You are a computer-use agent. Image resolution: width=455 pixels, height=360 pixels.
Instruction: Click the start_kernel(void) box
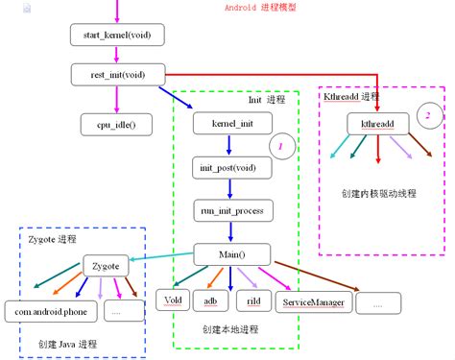[117, 36]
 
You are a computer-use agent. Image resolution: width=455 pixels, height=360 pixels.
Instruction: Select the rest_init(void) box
[117, 74]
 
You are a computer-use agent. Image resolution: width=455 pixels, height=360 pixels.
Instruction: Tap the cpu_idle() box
[117, 122]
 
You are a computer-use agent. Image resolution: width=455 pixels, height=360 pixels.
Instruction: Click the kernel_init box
[229, 124]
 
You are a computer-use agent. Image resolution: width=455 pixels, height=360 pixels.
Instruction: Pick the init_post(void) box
[229, 167]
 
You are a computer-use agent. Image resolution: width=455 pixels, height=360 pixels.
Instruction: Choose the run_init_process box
[230, 210]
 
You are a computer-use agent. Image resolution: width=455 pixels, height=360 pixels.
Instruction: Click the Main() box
[229, 255]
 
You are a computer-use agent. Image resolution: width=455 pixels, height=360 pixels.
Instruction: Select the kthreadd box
[378, 124]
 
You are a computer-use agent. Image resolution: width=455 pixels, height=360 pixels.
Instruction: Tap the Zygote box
[108, 265]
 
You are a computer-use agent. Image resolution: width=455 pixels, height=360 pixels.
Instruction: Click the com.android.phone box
[49, 311]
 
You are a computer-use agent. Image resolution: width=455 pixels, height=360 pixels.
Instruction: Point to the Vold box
[174, 300]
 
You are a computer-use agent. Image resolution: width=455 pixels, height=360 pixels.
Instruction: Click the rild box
[253, 300]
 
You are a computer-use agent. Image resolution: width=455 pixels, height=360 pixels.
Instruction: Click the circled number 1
[281, 147]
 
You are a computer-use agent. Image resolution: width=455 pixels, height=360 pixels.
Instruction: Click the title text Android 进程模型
[259, 8]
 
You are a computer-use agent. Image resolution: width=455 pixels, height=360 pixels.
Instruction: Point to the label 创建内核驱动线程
[378, 193]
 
